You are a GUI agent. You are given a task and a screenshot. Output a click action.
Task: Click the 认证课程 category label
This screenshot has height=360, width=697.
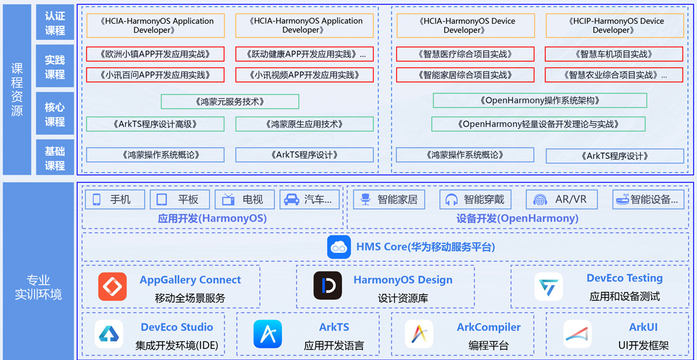(x=55, y=23)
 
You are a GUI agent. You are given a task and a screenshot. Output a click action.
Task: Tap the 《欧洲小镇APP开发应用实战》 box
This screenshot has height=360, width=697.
(x=155, y=54)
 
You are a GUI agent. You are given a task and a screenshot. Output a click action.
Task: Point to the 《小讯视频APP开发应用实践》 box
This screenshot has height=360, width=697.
(x=305, y=75)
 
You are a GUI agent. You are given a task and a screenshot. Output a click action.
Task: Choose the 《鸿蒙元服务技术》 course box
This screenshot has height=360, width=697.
(x=230, y=101)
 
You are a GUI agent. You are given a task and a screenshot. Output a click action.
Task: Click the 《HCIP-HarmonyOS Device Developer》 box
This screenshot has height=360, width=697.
(x=614, y=26)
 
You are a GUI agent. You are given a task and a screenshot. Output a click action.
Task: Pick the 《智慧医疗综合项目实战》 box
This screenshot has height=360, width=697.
(x=465, y=54)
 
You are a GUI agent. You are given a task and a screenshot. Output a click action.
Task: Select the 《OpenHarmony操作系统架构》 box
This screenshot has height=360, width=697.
(x=540, y=101)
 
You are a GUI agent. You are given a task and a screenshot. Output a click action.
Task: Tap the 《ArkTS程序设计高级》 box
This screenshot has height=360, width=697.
(x=155, y=124)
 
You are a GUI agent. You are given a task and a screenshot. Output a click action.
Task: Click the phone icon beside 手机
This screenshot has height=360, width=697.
(x=97, y=199)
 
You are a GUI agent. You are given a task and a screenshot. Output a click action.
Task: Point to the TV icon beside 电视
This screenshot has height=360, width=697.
(x=228, y=199)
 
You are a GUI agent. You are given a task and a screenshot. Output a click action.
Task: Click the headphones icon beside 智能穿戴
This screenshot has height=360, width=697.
(x=451, y=199)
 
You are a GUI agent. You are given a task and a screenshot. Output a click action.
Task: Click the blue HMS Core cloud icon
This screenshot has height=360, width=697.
(x=339, y=246)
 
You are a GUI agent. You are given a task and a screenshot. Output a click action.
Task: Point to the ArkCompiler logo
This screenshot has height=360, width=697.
(x=418, y=334)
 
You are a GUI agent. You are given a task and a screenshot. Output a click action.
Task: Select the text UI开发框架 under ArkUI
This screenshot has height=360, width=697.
(x=643, y=345)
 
